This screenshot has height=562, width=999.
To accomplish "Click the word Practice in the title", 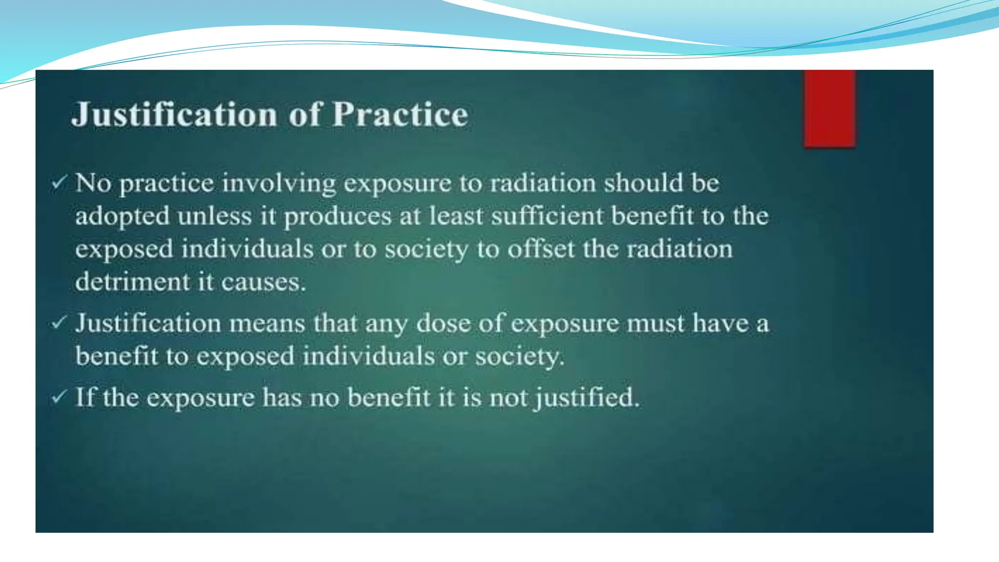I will (x=400, y=115).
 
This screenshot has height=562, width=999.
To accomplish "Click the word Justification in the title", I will (x=175, y=115).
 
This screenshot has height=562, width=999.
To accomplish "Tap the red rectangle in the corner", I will (x=829, y=108).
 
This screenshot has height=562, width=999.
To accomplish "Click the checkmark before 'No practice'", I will (x=59, y=183).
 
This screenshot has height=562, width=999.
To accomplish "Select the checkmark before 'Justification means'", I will (x=59, y=322).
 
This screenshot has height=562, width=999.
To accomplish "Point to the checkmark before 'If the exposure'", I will (x=59, y=397).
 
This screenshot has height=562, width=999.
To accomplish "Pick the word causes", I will (x=263, y=283).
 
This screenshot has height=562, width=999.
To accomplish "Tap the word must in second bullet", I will (x=656, y=324).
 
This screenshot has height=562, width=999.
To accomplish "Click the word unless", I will (x=214, y=216).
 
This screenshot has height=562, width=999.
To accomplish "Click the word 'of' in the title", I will (x=305, y=115).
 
